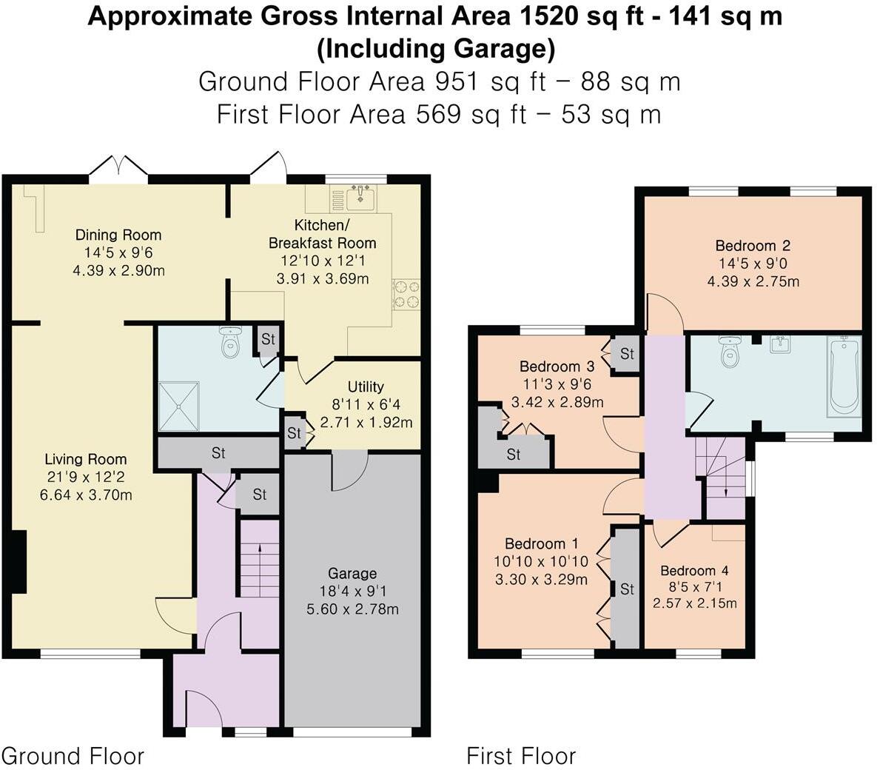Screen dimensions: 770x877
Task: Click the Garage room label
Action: [x=352, y=573]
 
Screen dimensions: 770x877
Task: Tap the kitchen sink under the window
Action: [x=360, y=197]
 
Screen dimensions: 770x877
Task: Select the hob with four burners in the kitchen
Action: [x=406, y=293]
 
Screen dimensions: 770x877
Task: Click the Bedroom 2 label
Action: [x=753, y=246]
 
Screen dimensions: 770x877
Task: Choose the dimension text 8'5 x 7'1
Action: [x=694, y=587]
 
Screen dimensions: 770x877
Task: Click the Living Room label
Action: [x=85, y=459]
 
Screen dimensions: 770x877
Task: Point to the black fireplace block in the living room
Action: [x=20, y=561]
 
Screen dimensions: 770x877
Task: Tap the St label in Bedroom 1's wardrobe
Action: [x=627, y=589]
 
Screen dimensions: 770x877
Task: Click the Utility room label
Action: [x=366, y=386]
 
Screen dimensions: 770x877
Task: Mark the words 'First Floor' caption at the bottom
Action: [x=520, y=756]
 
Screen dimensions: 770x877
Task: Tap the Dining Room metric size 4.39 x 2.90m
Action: [x=118, y=270]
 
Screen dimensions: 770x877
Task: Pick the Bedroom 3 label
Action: [x=557, y=366]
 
